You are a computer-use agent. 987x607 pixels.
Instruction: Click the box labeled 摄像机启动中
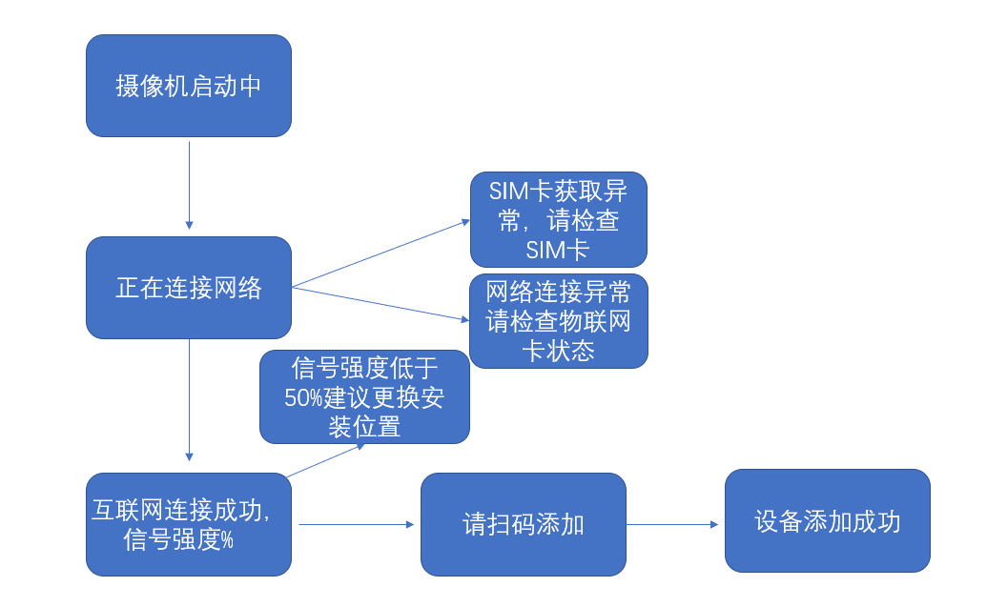click(188, 86)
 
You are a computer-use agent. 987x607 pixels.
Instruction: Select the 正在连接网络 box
click(188, 287)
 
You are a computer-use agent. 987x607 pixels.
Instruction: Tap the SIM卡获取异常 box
click(558, 219)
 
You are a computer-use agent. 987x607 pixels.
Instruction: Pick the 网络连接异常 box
click(558, 320)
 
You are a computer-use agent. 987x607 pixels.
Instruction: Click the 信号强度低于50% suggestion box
click(364, 396)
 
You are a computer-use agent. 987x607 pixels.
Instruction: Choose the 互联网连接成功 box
click(188, 524)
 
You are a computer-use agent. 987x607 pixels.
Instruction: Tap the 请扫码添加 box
click(523, 524)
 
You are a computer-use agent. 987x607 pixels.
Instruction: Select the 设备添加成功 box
click(827, 520)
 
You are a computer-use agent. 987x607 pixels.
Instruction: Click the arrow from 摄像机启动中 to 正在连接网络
click(189, 186)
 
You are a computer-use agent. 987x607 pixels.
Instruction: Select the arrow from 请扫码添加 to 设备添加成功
click(672, 524)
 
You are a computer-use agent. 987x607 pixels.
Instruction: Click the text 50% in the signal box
click(304, 397)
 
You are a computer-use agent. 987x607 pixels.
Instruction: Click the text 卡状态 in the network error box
click(558, 351)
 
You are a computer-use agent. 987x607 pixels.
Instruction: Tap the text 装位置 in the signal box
click(364, 426)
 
